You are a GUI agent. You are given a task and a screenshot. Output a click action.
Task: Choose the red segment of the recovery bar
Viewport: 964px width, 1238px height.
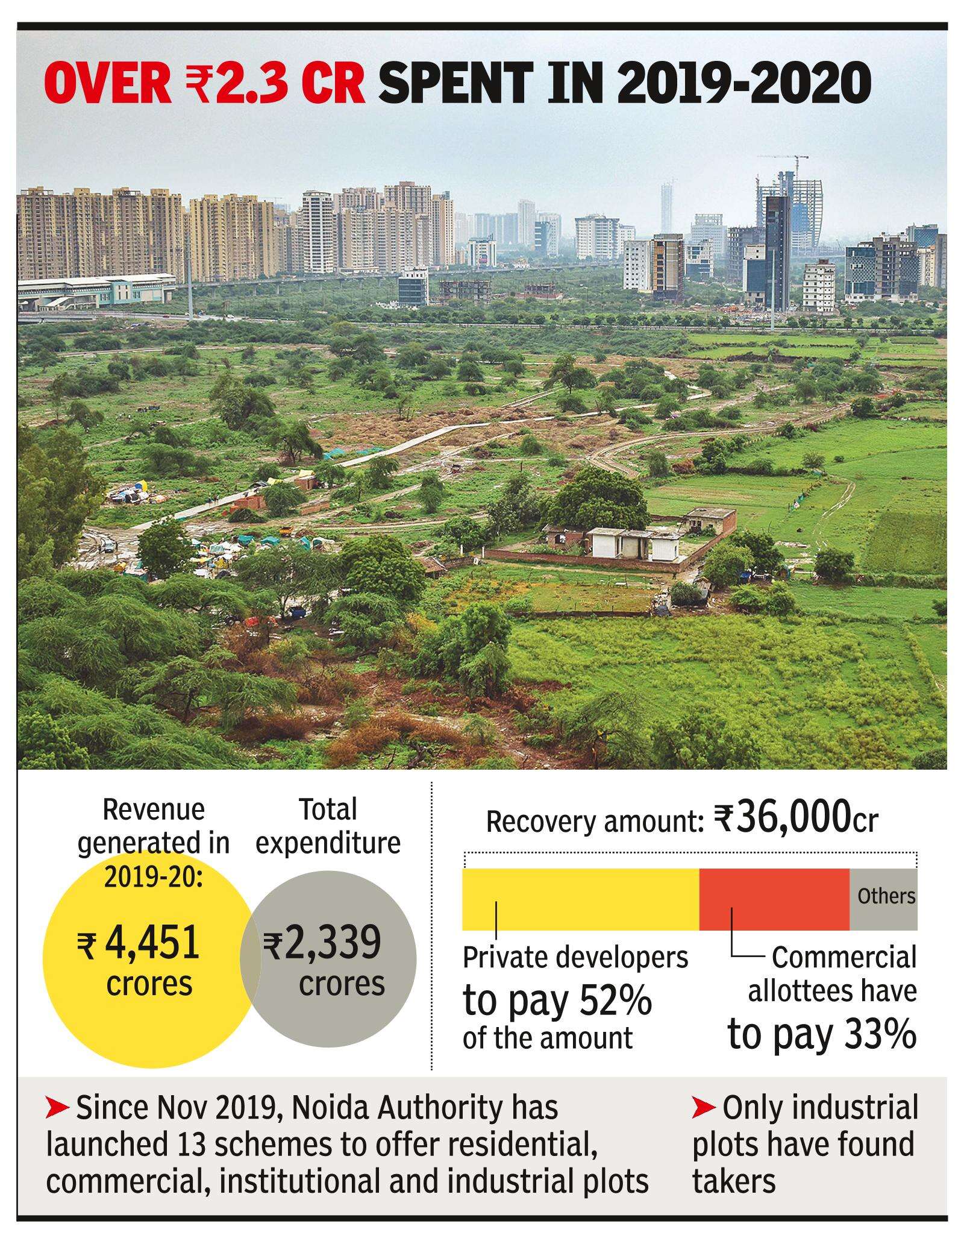[774, 899]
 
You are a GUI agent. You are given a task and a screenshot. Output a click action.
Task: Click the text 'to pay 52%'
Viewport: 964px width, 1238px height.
[557, 1001]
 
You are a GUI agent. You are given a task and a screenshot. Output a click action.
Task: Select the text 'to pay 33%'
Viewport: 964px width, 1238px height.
[822, 1034]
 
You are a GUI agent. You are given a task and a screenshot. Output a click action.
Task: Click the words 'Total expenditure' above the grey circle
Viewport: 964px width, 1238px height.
[328, 826]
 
